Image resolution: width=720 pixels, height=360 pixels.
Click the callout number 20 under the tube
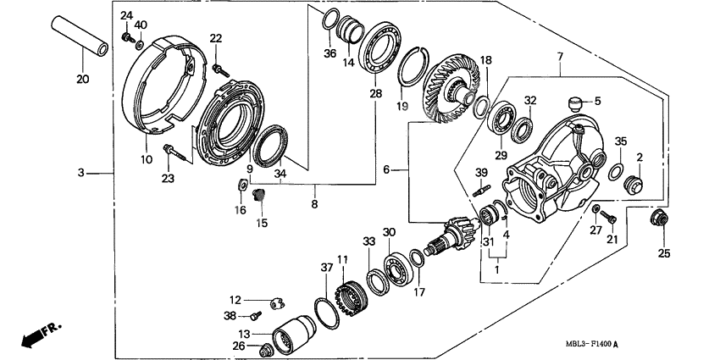[82, 80]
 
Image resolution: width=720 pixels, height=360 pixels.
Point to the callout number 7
[559, 57]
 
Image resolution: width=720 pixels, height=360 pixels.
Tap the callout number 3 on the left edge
[81, 173]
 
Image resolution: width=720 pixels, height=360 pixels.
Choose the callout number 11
[342, 259]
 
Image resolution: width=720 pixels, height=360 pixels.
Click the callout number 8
[315, 204]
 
